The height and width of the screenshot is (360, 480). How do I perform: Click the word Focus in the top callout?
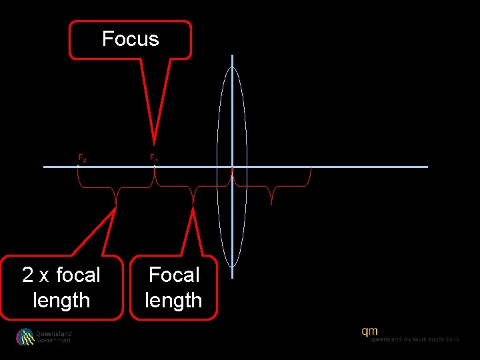pyautogui.click(x=131, y=39)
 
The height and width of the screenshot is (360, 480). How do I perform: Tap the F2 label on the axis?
pyautogui.click(x=82, y=158)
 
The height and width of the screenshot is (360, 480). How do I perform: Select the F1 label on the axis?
pyautogui.click(x=153, y=158)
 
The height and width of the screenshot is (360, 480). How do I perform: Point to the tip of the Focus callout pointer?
pyautogui.click(x=154, y=143)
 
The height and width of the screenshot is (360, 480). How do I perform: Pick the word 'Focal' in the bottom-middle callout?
pyautogui.click(x=174, y=275)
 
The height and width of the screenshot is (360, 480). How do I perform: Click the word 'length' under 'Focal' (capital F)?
pyautogui.click(x=174, y=301)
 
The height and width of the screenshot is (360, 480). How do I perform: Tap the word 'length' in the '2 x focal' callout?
pyautogui.click(x=61, y=301)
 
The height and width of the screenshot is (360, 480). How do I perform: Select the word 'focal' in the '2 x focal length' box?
pyautogui.click(x=78, y=275)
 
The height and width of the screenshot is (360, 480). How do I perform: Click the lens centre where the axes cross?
pyautogui.click(x=232, y=167)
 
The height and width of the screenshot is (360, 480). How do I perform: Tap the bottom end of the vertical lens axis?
pyautogui.click(x=232, y=277)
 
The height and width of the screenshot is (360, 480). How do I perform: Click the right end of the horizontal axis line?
pyautogui.click(x=427, y=167)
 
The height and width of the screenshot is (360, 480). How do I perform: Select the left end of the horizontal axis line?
pyautogui.click(x=45, y=167)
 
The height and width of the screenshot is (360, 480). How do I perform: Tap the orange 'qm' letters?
pyautogui.click(x=370, y=331)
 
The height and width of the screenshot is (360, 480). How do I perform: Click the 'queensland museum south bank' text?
pyautogui.click(x=415, y=339)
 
